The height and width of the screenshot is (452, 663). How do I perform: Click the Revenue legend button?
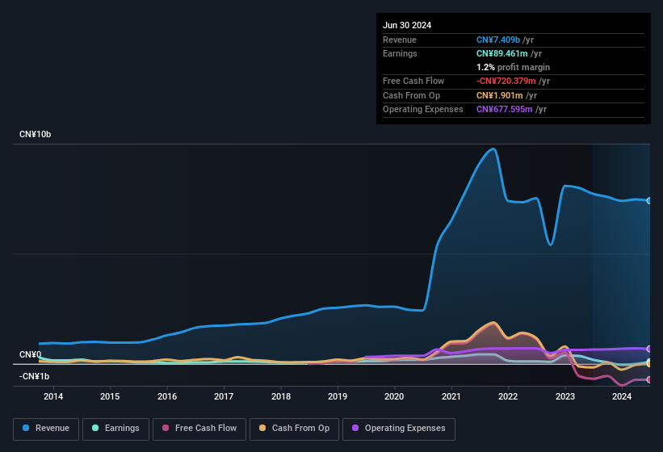46,429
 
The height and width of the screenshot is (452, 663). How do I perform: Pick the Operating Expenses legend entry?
399,429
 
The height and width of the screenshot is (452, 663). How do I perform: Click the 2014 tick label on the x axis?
53,396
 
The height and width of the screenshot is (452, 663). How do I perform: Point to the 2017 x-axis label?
224,396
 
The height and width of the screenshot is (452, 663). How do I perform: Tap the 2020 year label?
394,396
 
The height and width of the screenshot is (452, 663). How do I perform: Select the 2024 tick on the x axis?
622,396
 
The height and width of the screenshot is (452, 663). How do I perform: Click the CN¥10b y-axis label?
36,134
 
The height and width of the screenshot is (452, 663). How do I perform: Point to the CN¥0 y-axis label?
30,355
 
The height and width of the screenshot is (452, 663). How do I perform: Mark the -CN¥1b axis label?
35,376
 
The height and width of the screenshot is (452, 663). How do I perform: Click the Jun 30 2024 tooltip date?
407,25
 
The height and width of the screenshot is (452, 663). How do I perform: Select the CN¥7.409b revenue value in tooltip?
498,40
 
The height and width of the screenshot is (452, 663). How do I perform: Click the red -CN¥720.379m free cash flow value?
506,81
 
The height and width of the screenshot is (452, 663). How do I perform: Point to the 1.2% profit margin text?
513,67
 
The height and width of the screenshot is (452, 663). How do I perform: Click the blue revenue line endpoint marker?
649,201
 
